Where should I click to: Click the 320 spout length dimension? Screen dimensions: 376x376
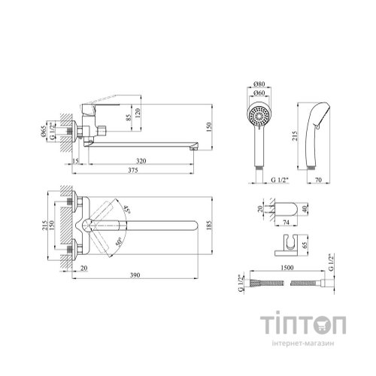tap(141, 161)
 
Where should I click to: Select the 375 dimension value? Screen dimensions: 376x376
tap(133, 170)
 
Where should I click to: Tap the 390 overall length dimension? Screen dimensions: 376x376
tap(135, 275)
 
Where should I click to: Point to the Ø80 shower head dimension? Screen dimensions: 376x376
tap(259, 83)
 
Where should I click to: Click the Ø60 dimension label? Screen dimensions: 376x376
tap(259, 92)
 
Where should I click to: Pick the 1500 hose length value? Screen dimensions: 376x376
tap(287, 268)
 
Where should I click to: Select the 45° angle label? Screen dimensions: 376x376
tap(128, 209)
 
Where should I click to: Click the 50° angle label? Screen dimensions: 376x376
tap(119, 241)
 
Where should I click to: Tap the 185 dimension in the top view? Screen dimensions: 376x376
tap(210, 226)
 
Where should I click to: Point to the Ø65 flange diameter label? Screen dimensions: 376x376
tap(43, 131)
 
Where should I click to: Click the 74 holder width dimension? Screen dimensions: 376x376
tap(286, 222)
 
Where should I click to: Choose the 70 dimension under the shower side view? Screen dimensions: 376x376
tap(318, 180)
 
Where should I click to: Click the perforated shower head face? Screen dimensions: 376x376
tap(259, 115)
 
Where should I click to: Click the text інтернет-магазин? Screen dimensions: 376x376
tap(303, 343)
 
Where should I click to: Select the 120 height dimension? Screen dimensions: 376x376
tap(138, 113)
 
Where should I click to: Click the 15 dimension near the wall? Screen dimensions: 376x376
tap(75, 161)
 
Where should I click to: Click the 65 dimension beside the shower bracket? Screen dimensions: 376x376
tap(305, 245)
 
